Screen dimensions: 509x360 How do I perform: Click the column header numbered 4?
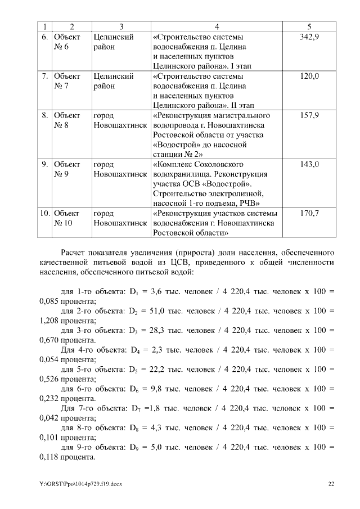pos(217,26)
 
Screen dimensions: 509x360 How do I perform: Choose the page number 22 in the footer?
pos(331,483)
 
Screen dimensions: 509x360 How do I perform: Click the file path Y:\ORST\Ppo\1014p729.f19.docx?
pos(81,483)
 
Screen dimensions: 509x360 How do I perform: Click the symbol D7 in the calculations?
pos(136,408)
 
